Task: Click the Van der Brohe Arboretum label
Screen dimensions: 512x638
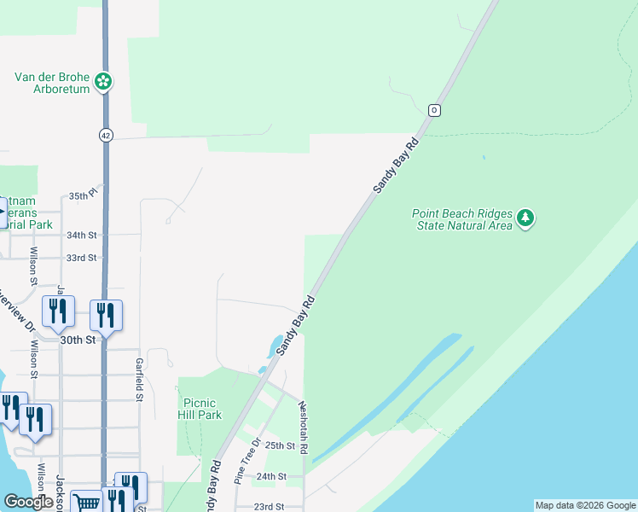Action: tap(52, 82)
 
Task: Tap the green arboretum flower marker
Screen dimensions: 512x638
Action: tap(104, 82)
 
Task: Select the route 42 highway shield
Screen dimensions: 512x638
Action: tap(105, 135)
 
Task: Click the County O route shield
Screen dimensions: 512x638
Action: tap(434, 110)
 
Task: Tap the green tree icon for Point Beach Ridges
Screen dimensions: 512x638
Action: tap(526, 219)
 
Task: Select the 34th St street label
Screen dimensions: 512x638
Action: tap(82, 235)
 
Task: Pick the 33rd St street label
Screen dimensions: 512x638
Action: tap(82, 258)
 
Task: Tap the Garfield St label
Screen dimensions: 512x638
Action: tap(138, 379)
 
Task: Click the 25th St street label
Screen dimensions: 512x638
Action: tap(280, 445)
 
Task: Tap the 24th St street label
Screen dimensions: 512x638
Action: tap(269, 476)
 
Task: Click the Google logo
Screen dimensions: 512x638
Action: tap(28, 502)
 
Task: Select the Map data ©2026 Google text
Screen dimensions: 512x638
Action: tap(585, 505)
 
